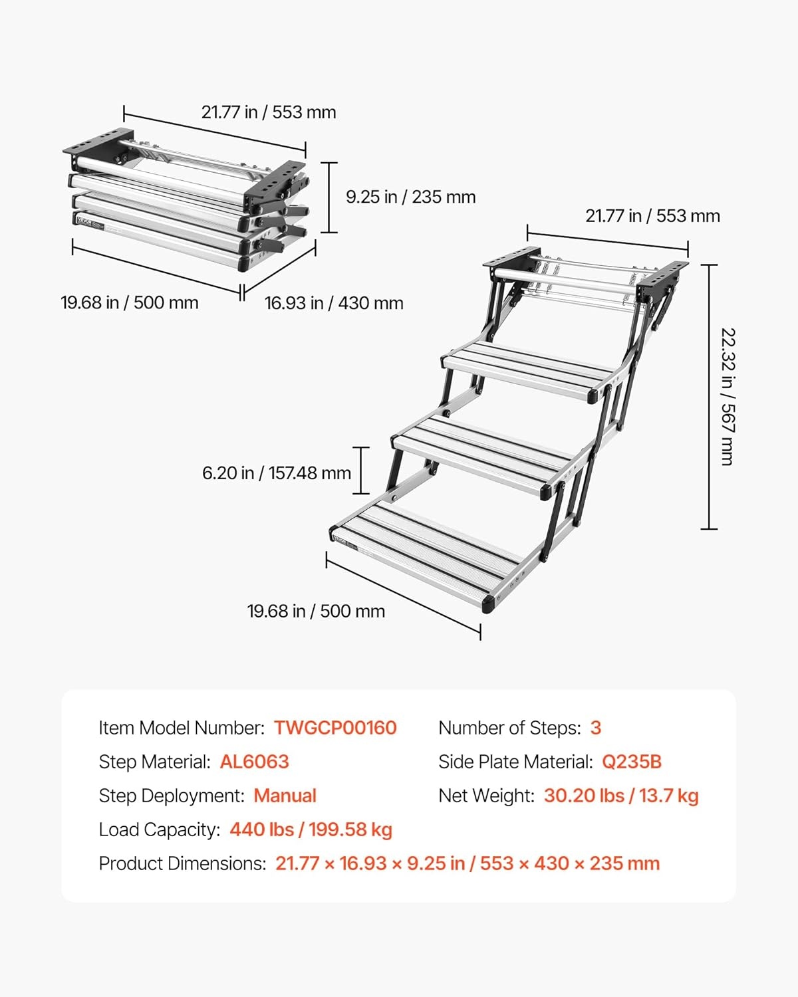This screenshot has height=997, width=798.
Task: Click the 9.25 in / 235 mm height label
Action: point(411,197)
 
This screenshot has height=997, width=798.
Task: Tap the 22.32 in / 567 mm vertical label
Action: point(728,397)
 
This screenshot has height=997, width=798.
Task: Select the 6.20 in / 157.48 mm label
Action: point(277,473)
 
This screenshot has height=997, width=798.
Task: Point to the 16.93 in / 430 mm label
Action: point(334,303)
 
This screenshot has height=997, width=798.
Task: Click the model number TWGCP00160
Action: point(335,728)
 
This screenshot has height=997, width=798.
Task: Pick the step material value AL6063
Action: point(254,762)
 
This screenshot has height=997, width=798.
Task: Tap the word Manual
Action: point(285,796)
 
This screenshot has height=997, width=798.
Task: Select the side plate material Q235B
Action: point(632,762)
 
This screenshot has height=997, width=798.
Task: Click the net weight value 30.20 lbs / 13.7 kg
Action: point(621,796)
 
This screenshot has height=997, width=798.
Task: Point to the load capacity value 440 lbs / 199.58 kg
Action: point(311,830)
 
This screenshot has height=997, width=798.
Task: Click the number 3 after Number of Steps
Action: point(596,728)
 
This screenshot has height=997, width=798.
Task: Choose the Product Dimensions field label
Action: point(183,863)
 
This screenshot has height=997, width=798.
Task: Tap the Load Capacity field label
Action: point(160,830)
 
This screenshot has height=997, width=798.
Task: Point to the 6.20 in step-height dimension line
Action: point(361,471)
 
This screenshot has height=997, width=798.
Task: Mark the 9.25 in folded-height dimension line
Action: point(329,197)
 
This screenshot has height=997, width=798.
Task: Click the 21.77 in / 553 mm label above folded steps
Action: point(269,112)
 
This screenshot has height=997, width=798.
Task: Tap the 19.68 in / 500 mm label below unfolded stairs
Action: point(316,611)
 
